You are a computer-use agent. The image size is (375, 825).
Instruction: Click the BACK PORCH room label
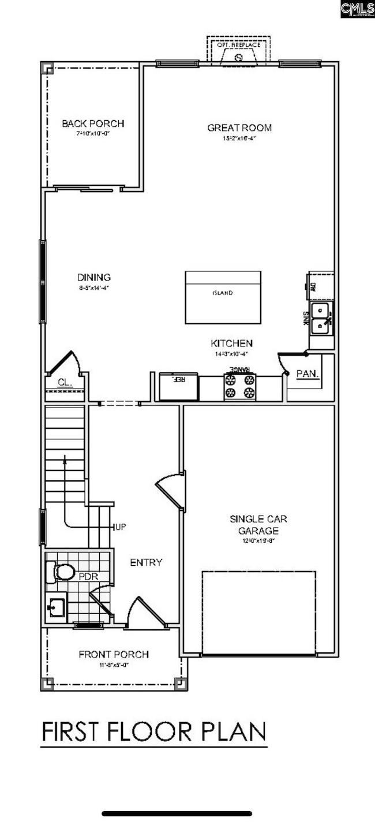93,123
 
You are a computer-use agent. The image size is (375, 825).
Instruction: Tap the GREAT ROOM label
239,128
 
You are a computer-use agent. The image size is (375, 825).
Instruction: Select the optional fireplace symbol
238,57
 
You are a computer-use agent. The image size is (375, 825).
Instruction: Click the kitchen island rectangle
222,297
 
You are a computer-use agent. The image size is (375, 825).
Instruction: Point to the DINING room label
94,277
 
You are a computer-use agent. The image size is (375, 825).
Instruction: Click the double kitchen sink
320,319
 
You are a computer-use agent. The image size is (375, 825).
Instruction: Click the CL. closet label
65,382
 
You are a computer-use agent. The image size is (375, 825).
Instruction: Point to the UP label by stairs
121,527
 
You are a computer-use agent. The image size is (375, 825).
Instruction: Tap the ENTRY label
146,562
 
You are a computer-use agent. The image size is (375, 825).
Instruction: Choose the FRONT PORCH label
114,654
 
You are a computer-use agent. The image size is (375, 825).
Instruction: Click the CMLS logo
357,9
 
